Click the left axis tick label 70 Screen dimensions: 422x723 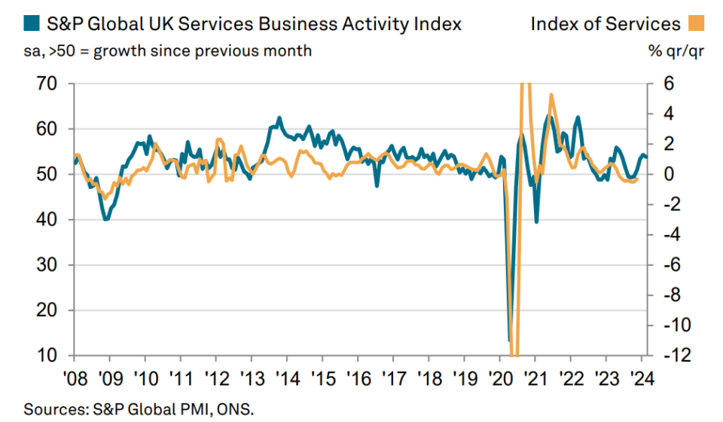coord(46,84)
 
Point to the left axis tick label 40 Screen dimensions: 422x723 coord(46,219)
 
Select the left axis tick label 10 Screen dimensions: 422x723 coord(46,355)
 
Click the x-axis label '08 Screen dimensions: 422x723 coord(74,378)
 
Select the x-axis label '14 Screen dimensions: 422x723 coord(287,378)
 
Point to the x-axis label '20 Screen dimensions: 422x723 coord(500,378)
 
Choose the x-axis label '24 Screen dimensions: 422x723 coord(642,378)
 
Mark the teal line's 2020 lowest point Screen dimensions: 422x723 coord(510,341)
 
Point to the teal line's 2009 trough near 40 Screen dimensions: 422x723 coord(106,219)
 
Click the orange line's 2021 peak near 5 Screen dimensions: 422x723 coord(551,95)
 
